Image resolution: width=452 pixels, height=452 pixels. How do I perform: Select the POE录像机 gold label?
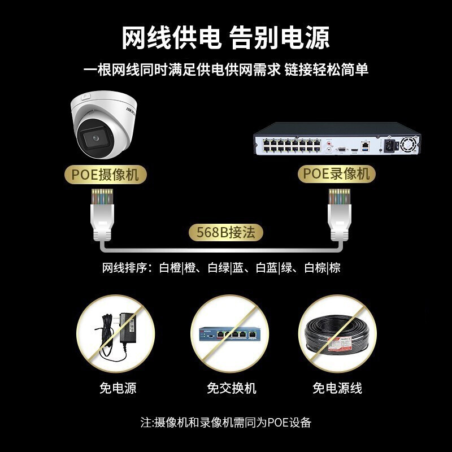point(337,173)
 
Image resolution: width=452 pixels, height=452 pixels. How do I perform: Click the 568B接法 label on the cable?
point(226,232)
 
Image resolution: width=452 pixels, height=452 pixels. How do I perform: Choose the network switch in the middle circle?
point(229,334)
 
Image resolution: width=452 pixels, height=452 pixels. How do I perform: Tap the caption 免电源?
point(118,388)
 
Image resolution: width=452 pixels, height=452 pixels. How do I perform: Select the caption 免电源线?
point(337,388)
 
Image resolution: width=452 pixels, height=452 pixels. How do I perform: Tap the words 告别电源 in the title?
point(280,38)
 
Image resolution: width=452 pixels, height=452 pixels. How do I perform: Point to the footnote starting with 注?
point(226,422)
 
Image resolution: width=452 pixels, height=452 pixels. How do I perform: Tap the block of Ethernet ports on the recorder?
point(288,145)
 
